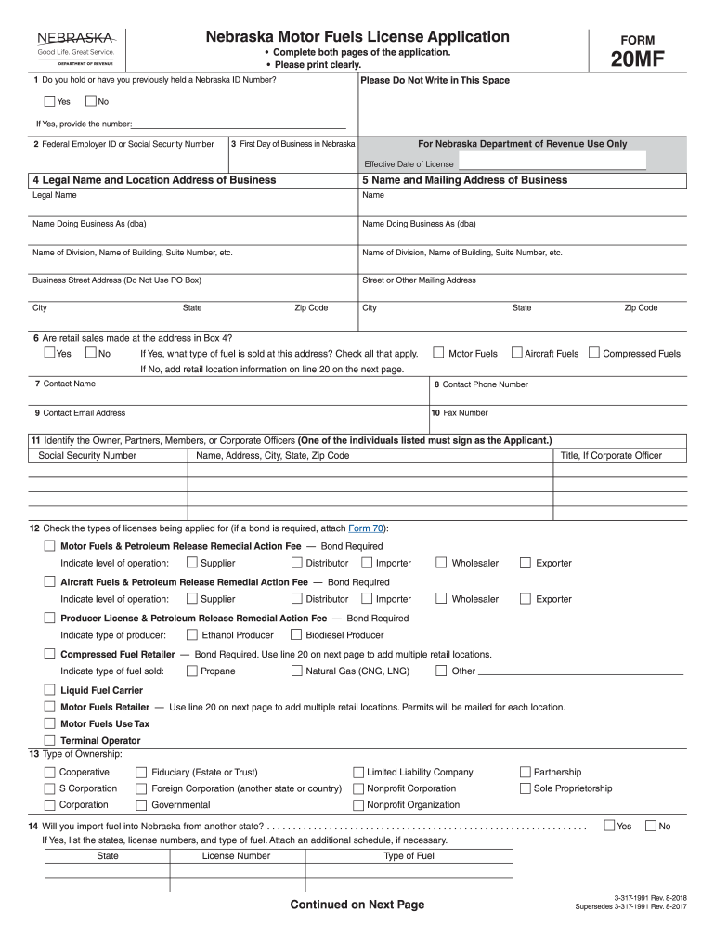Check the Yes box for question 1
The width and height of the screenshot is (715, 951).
[50, 101]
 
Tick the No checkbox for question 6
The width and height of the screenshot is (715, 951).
[91, 353]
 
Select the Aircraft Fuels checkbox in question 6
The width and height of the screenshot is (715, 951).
[517, 353]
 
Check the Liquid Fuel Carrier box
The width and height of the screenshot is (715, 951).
[50, 690]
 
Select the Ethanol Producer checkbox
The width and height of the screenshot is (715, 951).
[192, 635]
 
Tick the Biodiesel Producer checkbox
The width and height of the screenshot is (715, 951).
[297, 635]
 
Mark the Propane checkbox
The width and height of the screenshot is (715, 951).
[192, 671]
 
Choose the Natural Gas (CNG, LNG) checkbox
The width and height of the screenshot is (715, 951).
[297, 671]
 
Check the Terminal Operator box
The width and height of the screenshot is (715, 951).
[50, 740]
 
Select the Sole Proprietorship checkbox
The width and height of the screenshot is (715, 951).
[526, 788]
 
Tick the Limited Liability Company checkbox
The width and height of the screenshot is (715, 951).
[358, 772]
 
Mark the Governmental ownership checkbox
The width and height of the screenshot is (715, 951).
[142, 805]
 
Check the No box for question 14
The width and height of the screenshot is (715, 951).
[651, 826]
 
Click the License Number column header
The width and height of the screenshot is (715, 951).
[236, 856]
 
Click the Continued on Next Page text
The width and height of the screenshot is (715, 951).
[357, 905]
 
